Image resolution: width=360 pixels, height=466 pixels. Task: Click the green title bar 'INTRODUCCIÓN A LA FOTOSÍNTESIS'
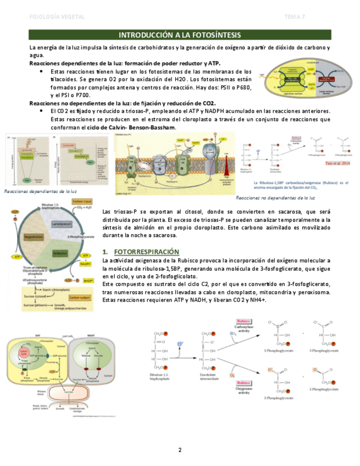(180, 35)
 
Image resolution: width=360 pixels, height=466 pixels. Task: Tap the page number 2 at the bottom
(180, 451)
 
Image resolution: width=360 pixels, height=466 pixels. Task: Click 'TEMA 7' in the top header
(295, 17)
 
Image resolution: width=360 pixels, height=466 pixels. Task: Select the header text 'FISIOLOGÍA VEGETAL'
(57, 17)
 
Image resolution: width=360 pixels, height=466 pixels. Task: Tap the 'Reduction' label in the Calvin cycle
(60, 253)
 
